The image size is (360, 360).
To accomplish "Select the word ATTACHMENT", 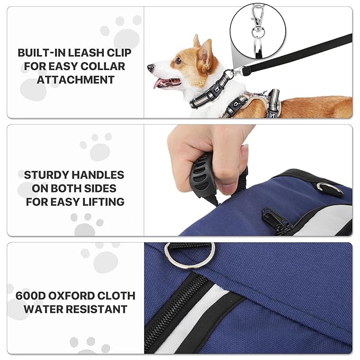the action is (75, 80).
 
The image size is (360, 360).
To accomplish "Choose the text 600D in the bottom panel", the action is (31, 296).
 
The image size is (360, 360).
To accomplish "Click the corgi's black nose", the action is (151, 67).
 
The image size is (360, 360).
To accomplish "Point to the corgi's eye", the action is (178, 61).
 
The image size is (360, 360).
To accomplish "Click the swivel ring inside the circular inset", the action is (257, 31).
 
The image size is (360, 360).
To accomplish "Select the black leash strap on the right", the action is (296, 53).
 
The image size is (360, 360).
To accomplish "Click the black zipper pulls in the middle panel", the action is (276, 221).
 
